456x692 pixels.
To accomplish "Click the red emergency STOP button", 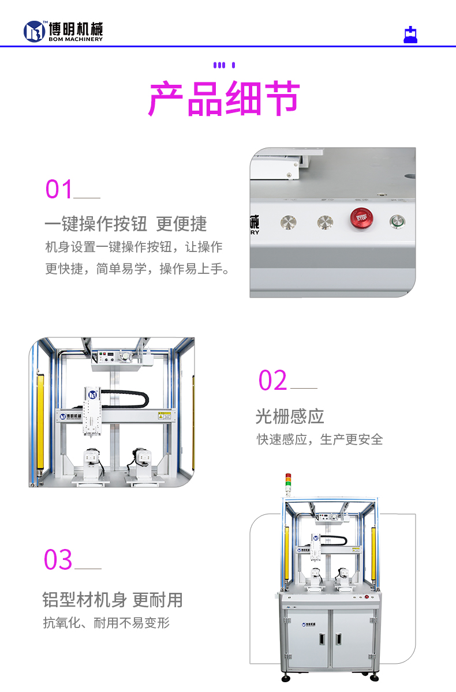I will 361,218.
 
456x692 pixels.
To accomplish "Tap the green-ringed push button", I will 398,221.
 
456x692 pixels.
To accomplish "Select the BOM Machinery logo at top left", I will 63,31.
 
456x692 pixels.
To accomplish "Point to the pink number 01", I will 59,190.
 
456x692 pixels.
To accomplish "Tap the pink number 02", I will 272,381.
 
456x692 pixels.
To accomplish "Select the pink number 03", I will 58,560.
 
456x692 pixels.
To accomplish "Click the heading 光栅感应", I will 290,416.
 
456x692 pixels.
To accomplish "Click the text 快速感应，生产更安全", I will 320,439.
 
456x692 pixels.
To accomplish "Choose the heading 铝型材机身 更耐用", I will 113,600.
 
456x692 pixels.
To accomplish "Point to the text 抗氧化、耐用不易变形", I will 106,623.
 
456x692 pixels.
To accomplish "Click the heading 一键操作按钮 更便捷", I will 125,224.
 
